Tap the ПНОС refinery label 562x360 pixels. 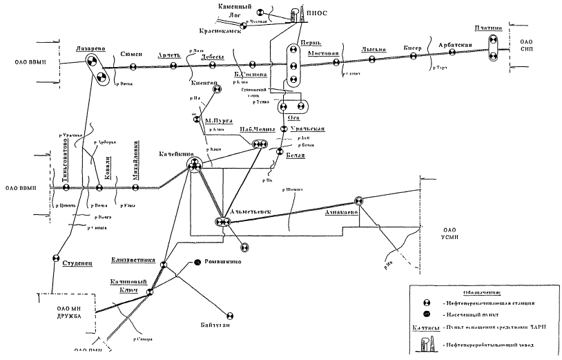[315, 12]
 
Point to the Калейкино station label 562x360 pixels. [175, 155]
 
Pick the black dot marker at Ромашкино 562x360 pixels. [197, 262]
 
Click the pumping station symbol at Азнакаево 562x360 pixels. [358, 201]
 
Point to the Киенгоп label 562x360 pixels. [203, 81]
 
